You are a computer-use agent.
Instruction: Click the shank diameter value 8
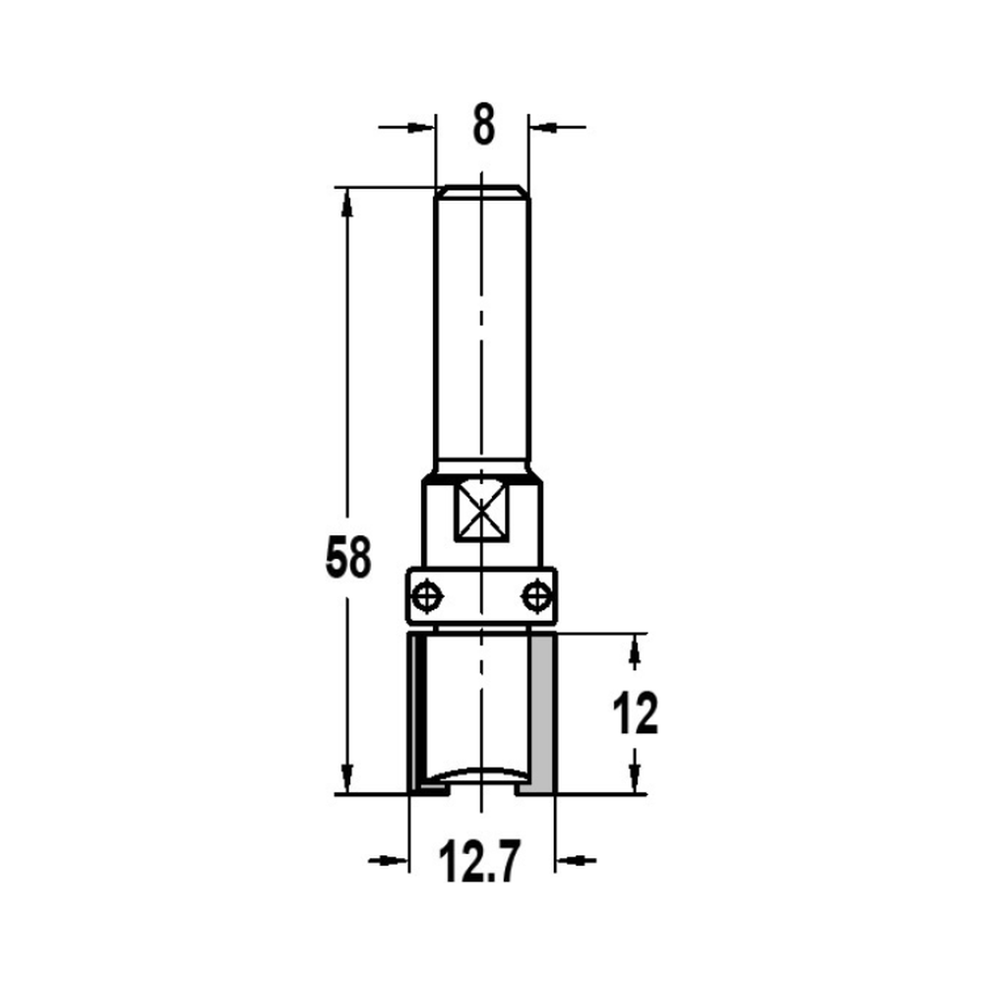pyautogui.click(x=481, y=127)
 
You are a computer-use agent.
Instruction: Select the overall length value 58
pyautogui.click(x=348, y=560)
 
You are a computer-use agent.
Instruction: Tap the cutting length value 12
pyautogui.click(x=635, y=714)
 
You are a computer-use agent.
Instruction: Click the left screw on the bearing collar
pyautogui.click(x=425, y=595)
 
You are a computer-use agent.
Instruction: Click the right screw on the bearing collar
pyautogui.click(x=536, y=595)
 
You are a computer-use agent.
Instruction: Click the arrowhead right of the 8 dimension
pyautogui.click(x=541, y=126)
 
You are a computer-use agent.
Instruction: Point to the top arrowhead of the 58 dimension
pyautogui.click(x=346, y=201)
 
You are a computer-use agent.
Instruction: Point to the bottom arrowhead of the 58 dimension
pyautogui.click(x=346, y=777)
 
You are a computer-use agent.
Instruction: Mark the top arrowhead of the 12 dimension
pyautogui.click(x=635, y=647)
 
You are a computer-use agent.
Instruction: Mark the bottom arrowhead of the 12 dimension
pyautogui.click(x=635, y=779)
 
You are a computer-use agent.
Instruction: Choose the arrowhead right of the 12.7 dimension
pyautogui.click(x=569, y=862)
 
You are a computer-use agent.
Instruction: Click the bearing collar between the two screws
pyautogui.click(x=480, y=595)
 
